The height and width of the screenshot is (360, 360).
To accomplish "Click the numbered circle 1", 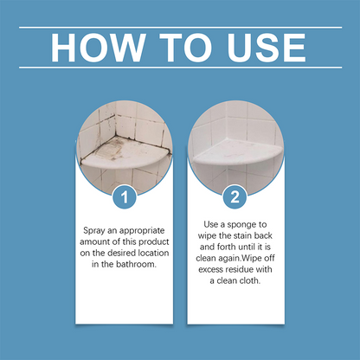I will (x=126, y=197).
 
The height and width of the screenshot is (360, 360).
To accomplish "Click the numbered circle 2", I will (x=233, y=197).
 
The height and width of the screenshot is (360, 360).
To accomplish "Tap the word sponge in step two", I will (x=256, y=223).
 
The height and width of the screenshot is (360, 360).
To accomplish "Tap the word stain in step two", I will (x=244, y=235).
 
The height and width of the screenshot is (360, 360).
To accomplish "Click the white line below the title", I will (x=180, y=67).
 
